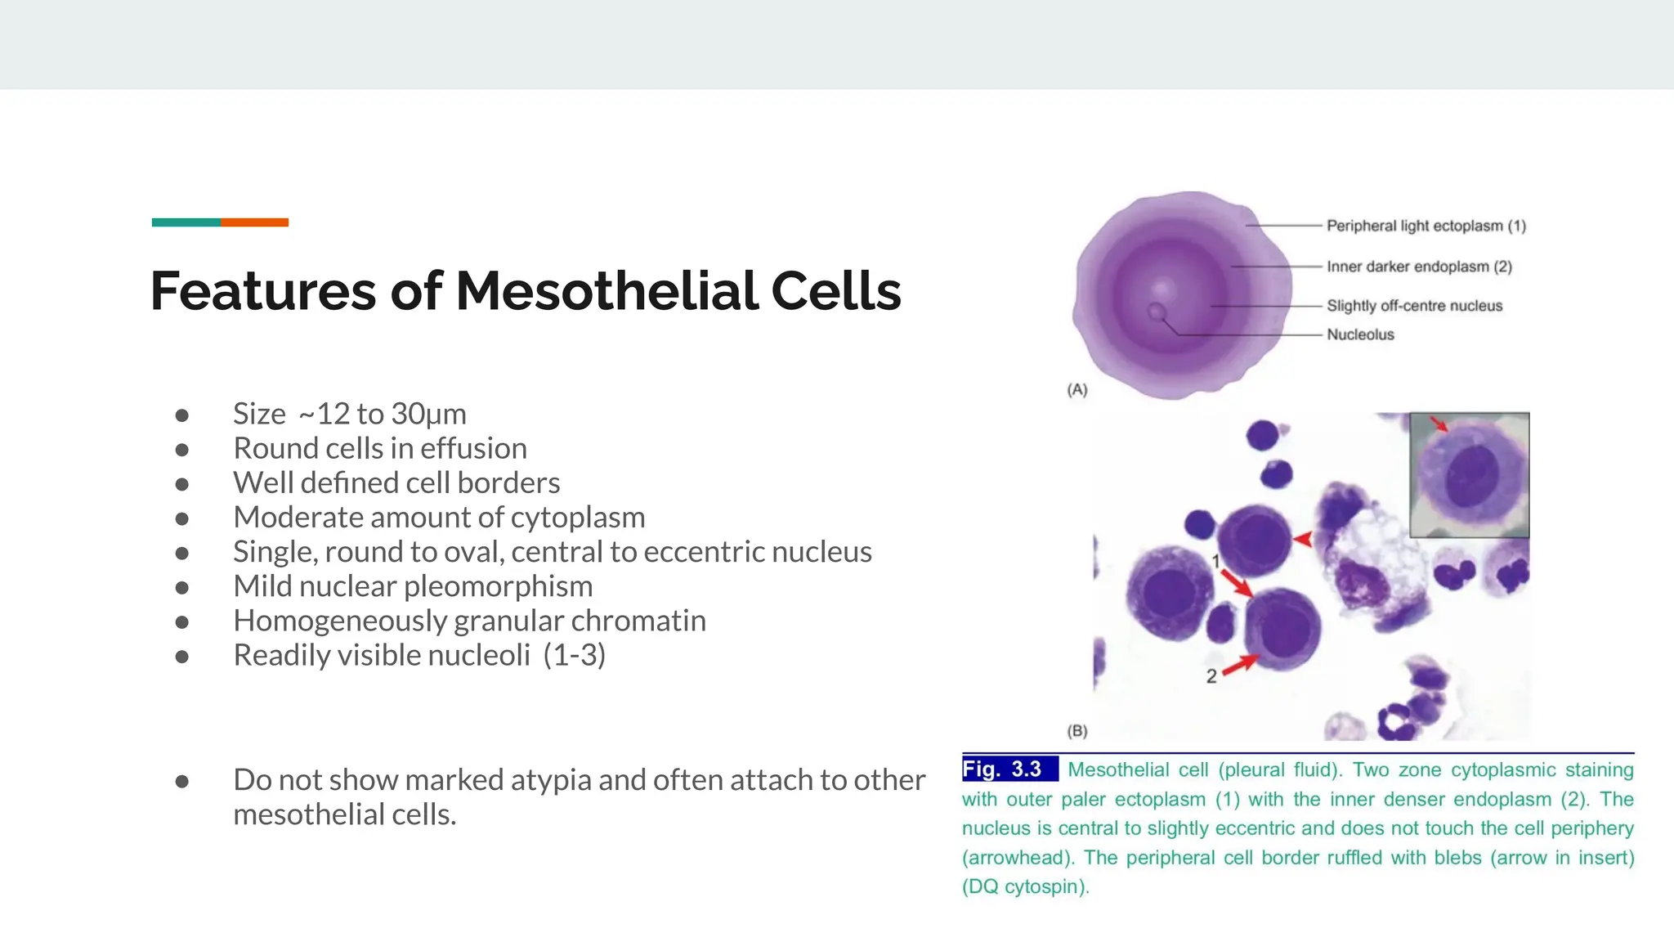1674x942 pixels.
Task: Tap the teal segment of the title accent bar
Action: (186, 222)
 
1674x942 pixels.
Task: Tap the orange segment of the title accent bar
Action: (254, 222)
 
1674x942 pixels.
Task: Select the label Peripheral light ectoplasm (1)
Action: (1426, 226)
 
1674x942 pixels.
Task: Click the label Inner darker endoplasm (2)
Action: (1419, 267)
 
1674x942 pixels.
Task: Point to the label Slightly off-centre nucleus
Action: (1414, 306)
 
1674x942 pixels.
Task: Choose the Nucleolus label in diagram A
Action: (1360, 334)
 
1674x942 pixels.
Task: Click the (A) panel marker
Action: (1077, 390)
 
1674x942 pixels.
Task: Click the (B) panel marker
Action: (1077, 731)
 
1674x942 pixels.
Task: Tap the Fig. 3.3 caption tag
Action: (1004, 769)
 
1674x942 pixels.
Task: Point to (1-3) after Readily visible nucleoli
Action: (575, 656)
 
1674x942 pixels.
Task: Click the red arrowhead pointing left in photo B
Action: (1303, 539)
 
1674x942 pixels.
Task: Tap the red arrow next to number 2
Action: (1240, 664)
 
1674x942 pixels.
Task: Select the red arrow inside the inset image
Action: (1439, 423)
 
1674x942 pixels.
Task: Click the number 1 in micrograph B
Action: (1215, 561)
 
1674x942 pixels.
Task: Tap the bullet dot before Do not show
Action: (182, 782)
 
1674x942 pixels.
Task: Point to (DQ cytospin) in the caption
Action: (1025, 887)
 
